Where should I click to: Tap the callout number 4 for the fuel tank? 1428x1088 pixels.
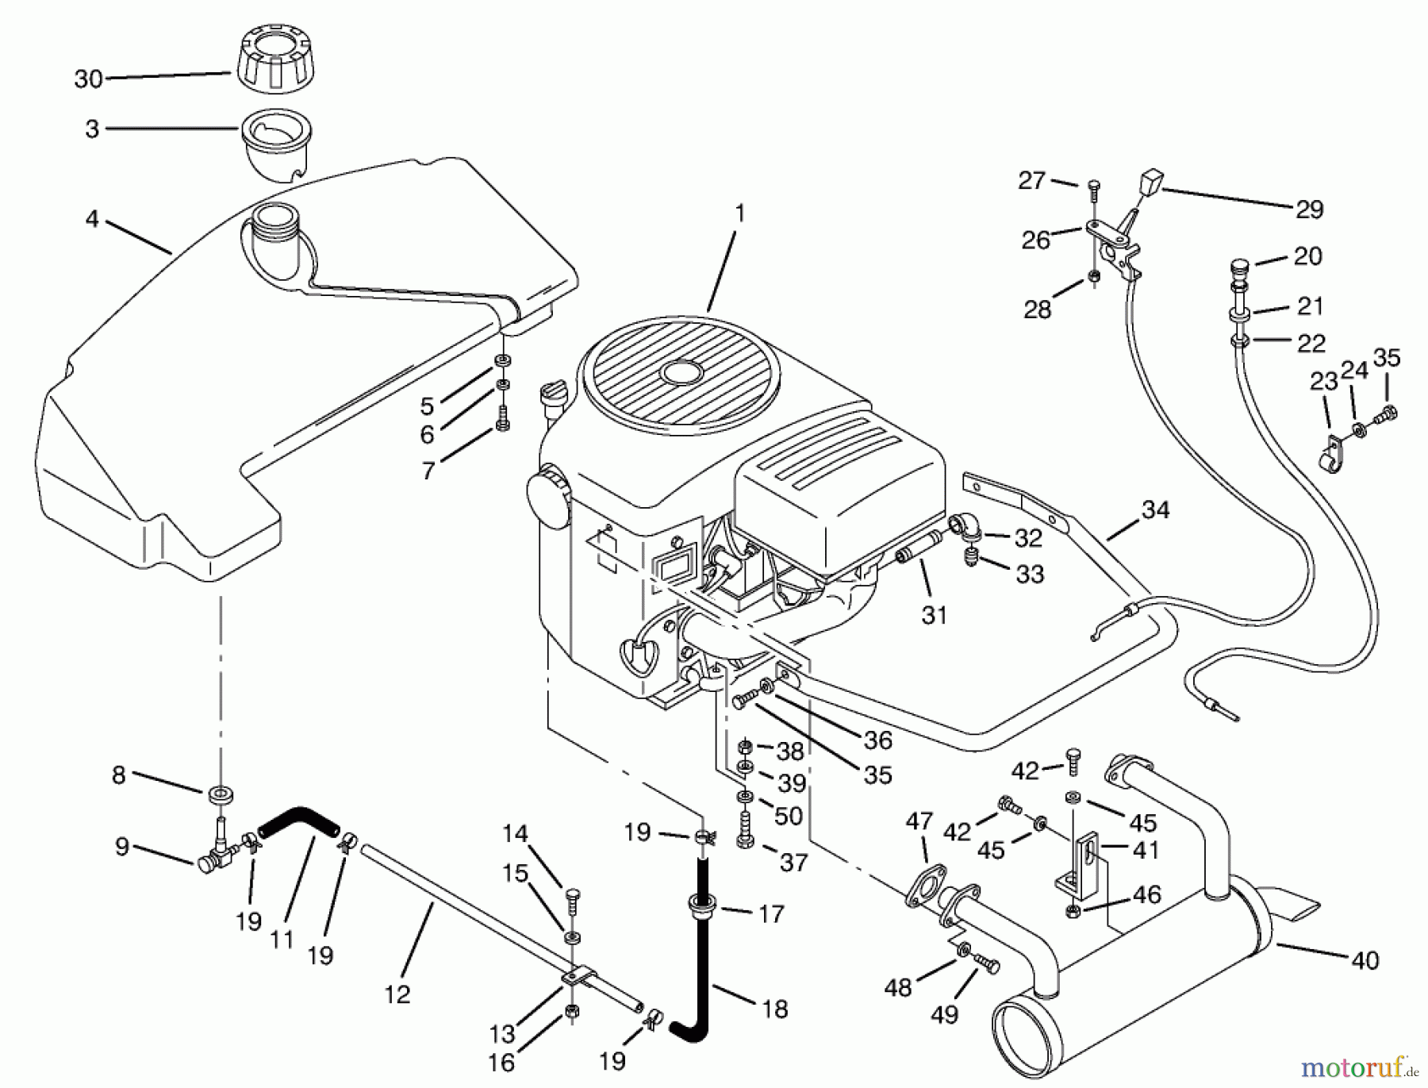(92, 218)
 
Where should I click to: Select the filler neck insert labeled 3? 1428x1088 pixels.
(276, 143)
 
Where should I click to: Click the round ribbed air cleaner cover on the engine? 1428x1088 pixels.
(681, 370)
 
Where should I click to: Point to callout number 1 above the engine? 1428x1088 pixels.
(739, 213)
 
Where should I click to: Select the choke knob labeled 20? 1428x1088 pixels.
(1240, 265)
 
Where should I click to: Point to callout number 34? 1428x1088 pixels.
(1155, 509)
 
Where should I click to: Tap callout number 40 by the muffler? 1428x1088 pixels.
(1365, 960)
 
